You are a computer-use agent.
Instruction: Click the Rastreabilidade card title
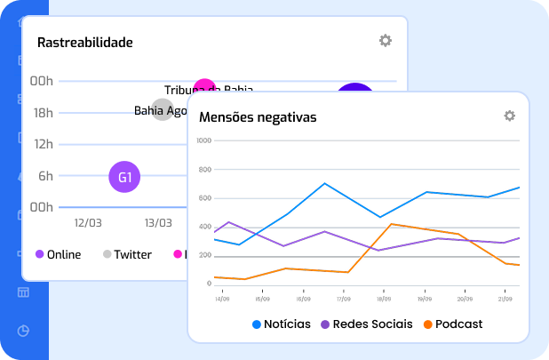[85, 42]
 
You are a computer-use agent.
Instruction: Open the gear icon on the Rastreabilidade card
[385, 41]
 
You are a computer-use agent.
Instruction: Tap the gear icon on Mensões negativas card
[509, 116]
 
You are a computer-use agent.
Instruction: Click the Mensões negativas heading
[258, 117]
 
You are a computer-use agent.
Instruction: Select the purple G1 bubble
[124, 177]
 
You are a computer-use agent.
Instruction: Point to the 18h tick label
[43, 113]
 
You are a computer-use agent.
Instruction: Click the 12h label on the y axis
[43, 144]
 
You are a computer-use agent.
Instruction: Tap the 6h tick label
[45, 176]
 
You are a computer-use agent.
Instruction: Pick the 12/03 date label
[88, 222]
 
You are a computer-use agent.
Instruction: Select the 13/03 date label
[158, 222]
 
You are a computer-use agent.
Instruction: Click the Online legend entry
[59, 255]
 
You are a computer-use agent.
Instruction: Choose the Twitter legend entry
[127, 255]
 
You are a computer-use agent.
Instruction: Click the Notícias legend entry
[282, 324]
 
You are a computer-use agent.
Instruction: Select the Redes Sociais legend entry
[366, 324]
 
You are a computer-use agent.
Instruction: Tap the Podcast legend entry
[453, 324]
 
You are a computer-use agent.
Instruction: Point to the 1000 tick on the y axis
[203, 140]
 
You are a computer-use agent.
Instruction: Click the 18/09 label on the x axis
[384, 299]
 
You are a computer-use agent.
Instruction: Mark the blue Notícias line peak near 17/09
[325, 184]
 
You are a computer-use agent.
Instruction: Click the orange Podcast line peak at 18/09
[392, 224]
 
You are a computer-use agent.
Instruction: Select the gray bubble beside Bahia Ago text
[163, 111]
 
